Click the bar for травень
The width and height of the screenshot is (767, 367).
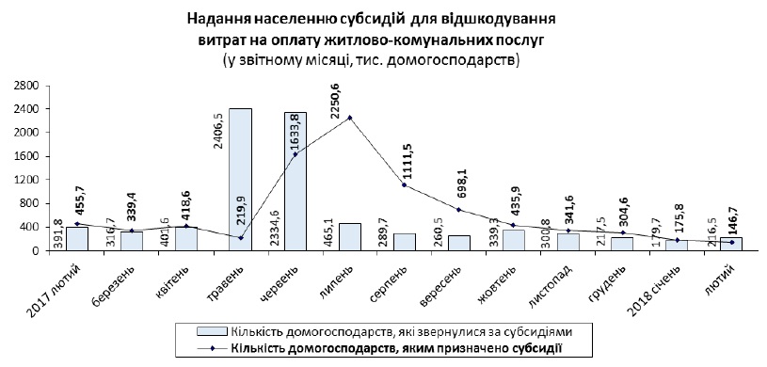pyautogui.click(x=240, y=179)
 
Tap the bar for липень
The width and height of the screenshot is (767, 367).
pyautogui.click(x=349, y=237)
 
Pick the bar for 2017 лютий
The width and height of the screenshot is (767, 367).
pyautogui.click(x=76, y=239)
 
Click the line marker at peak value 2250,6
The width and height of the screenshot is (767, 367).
pyautogui.click(x=349, y=118)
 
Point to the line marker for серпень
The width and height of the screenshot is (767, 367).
pyautogui.click(x=404, y=185)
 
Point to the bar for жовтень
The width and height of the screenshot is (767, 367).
pyautogui.click(x=513, y=240)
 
